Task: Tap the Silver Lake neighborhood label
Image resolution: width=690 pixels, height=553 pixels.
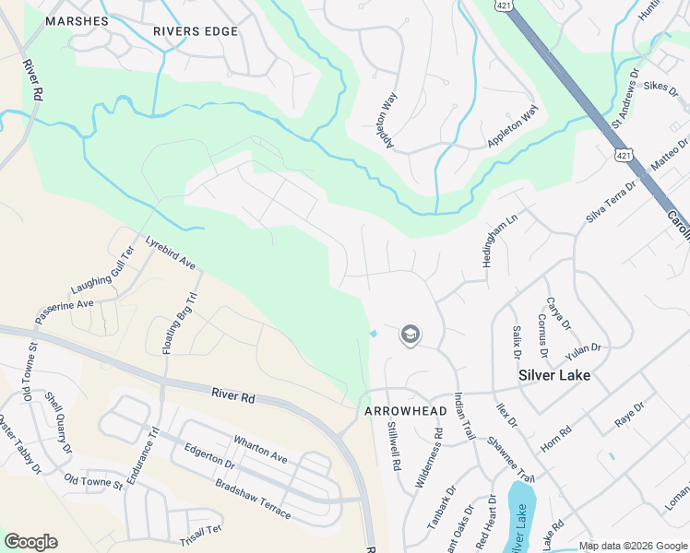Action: [x=553, y=375]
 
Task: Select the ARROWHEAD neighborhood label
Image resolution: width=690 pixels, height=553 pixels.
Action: [x=399, y=410]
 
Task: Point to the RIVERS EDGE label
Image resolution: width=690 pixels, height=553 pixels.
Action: [x=196, y=31]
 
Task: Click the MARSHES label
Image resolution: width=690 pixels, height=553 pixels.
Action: [x=77, y=20]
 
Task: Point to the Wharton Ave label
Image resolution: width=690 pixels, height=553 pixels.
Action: [x=260, y=449]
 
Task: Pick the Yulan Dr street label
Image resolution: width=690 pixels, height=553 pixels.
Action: [x=583, y=347]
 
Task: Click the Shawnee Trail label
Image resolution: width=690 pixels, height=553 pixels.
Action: [x=511, y=459]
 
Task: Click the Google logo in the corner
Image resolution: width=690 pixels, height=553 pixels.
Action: [x=30, y=542]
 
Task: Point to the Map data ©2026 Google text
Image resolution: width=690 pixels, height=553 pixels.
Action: [x=632, y=546]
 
